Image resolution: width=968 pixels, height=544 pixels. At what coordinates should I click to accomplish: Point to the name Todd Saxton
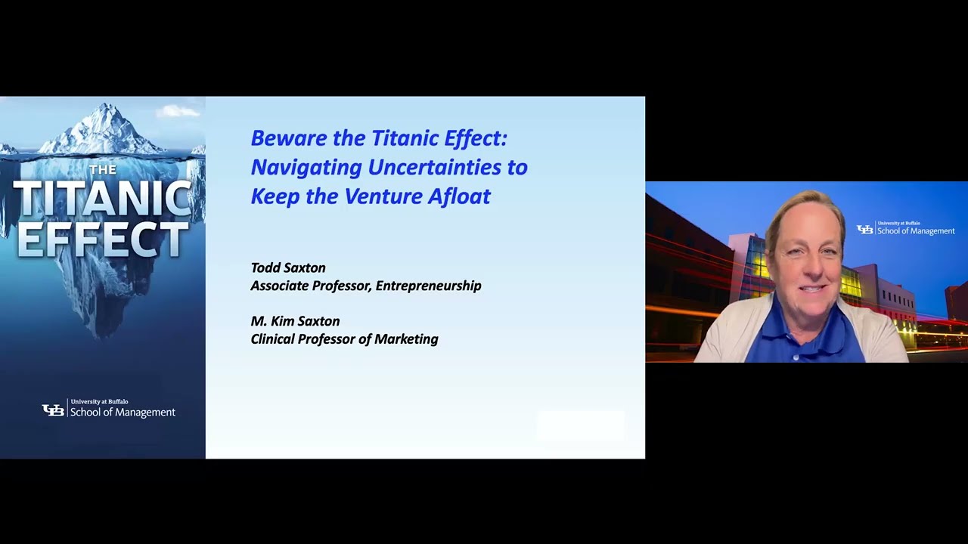click(288, 268)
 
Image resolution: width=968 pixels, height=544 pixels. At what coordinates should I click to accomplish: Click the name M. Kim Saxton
click(295, 321)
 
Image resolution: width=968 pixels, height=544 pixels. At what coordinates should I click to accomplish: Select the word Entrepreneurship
click(428, 286)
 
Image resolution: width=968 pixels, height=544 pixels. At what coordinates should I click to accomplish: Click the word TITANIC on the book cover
click(102, 199)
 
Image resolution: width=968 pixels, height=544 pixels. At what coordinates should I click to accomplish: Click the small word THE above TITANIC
click(103, 170)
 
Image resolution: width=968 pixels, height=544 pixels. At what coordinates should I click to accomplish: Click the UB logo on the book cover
click(53, 410)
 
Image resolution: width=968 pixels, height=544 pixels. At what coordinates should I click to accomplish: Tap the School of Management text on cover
click(123, 413)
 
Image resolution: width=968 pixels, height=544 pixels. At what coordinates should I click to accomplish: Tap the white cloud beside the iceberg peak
click(178, 112)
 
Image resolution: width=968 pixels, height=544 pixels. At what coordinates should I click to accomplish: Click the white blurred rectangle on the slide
click(581, 425)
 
